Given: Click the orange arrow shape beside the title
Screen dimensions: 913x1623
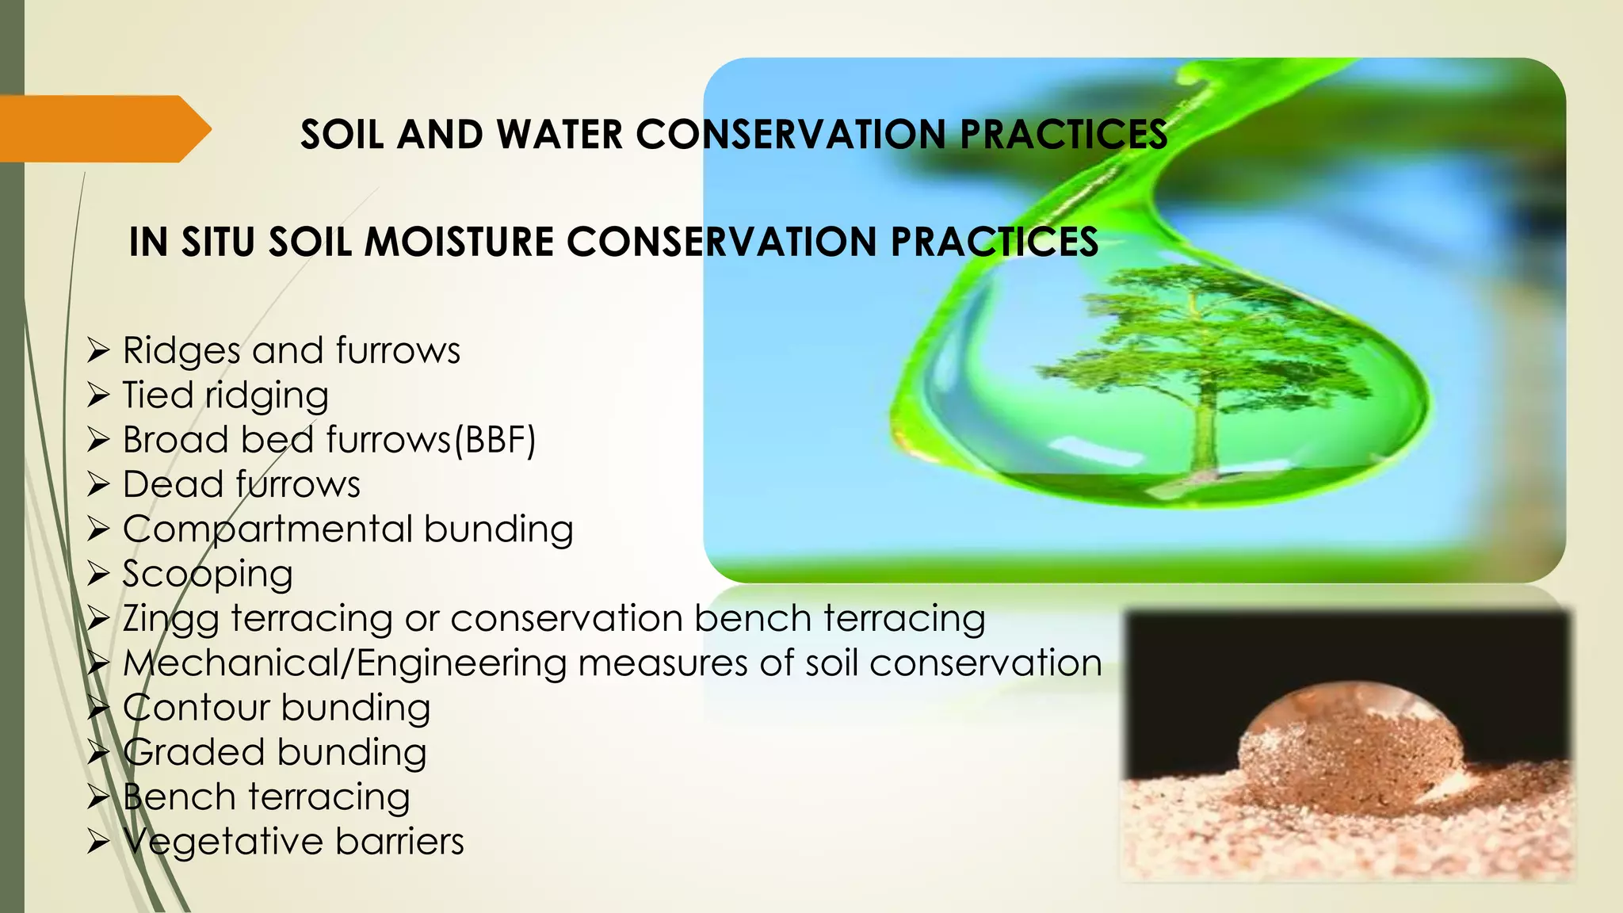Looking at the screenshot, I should point(103,128).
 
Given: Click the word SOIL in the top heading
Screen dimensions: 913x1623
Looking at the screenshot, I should point(342,134).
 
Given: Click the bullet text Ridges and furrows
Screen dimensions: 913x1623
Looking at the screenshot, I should point(291,350).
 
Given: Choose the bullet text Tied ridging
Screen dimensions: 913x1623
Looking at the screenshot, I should point(225,395).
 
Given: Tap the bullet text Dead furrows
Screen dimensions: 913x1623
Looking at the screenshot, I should point(241,484).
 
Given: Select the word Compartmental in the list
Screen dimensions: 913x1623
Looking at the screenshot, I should point(268,529).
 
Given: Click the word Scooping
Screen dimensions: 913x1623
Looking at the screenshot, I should point(208,574).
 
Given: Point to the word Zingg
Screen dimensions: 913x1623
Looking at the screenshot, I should point(170,619).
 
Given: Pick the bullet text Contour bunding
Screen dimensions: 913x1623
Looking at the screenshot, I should point(276,708).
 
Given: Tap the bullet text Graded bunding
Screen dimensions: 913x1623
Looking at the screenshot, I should point(274,752).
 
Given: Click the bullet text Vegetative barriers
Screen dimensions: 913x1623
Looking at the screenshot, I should point(293,842).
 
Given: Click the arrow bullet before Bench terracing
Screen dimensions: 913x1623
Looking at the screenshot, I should point(97,796).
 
